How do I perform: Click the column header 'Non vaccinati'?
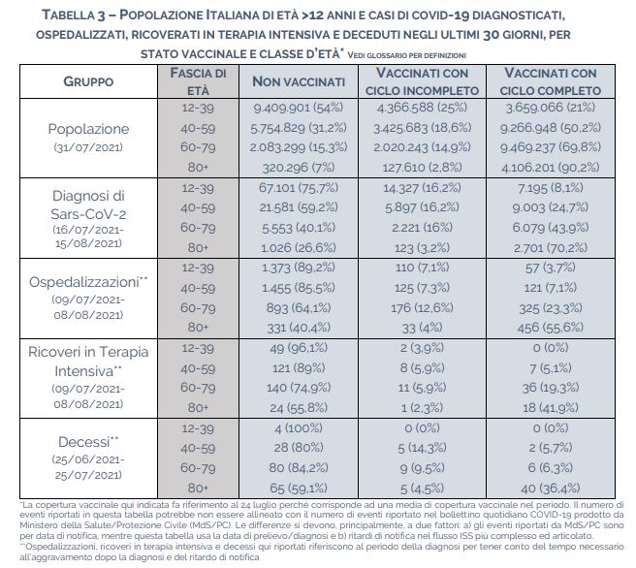point(299,81)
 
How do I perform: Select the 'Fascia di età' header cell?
point(198,81)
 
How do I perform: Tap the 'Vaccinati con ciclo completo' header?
point(551,81)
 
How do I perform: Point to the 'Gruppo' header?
point(88,81)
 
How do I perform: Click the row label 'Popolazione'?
point(88,129)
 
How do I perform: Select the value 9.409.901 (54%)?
point(299,108)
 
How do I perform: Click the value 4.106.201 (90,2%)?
point(551,167)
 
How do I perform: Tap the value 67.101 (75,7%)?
point(299,188)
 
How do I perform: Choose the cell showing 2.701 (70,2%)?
point(551,247)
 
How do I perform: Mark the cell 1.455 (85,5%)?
point(299,288)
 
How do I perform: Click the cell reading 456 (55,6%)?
point(551,328)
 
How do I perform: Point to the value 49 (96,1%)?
point(299,348)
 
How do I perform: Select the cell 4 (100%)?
point(299,428)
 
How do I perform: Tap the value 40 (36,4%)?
point(551,489)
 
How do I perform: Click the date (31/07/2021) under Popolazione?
point(88,146)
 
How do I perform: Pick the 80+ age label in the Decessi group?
point(198,489)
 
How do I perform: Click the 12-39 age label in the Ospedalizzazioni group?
point(198,268)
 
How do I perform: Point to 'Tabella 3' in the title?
point(74,16)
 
